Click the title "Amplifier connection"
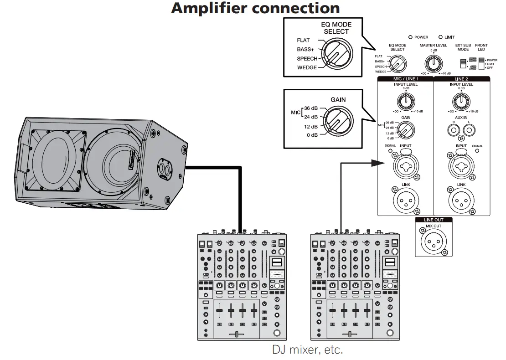(x=255, y=8)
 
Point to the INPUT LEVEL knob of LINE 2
(x=461, y=99)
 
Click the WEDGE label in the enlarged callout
(x=307, y=68)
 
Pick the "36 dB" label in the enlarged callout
(x=311, y=109)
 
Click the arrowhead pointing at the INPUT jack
(x=379, y=162)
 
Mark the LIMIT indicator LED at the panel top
(x=441, y=37)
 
